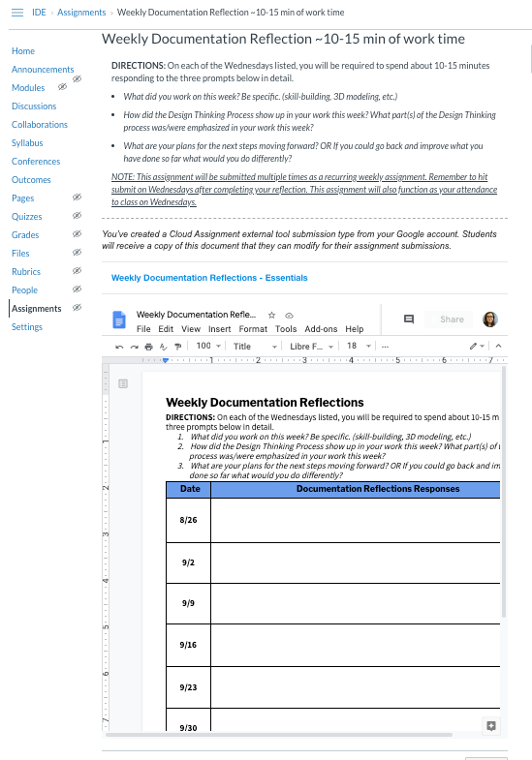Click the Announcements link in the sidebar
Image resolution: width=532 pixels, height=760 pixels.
43,70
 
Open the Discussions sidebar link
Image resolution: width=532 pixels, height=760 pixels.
34,106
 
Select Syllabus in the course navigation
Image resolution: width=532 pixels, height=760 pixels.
27,143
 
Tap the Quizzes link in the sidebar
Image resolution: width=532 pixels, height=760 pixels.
27,217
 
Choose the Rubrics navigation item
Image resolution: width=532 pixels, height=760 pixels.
26,272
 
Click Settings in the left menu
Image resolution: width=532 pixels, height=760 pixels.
27,327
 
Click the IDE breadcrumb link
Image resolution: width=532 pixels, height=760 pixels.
39,13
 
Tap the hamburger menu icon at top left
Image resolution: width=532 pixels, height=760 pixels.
16,13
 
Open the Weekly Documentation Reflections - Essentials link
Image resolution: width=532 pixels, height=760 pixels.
209,278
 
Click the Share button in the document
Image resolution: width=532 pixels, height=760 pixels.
452,319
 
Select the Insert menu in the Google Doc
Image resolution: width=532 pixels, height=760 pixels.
220,329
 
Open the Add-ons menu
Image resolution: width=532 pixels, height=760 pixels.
321,329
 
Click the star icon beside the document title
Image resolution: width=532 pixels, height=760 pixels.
271,316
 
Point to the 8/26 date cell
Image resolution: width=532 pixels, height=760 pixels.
188,521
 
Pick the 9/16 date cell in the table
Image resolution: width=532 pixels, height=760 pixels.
188,645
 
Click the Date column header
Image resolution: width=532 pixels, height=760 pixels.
190,489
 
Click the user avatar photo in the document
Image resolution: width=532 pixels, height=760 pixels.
490,319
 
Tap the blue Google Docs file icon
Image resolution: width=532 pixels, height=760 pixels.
119,320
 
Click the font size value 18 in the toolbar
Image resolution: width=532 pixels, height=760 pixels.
352,346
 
